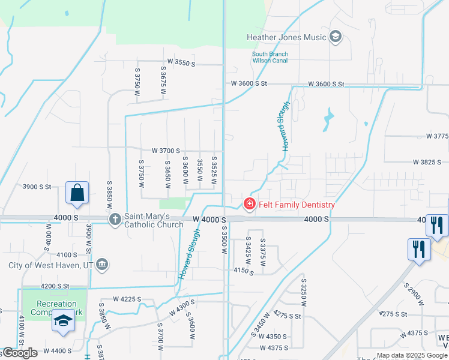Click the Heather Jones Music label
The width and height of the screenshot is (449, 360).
point(286,37)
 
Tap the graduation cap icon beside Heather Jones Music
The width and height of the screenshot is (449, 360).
point(335,37)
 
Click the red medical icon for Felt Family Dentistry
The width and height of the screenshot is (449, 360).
point(249,205)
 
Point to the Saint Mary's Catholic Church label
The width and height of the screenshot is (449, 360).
point(154,220)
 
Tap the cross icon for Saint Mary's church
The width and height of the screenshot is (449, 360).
point(115,220)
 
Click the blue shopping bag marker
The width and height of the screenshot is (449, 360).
point(77,193)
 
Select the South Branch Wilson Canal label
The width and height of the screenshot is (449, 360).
point(270,58)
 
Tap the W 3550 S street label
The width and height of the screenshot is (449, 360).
point(182,62)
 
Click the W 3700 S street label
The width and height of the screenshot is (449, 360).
point(166,150)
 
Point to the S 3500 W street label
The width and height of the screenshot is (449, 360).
point(223,236)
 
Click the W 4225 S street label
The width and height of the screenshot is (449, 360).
point(127,298)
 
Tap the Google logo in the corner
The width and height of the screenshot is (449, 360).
point(20,353)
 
